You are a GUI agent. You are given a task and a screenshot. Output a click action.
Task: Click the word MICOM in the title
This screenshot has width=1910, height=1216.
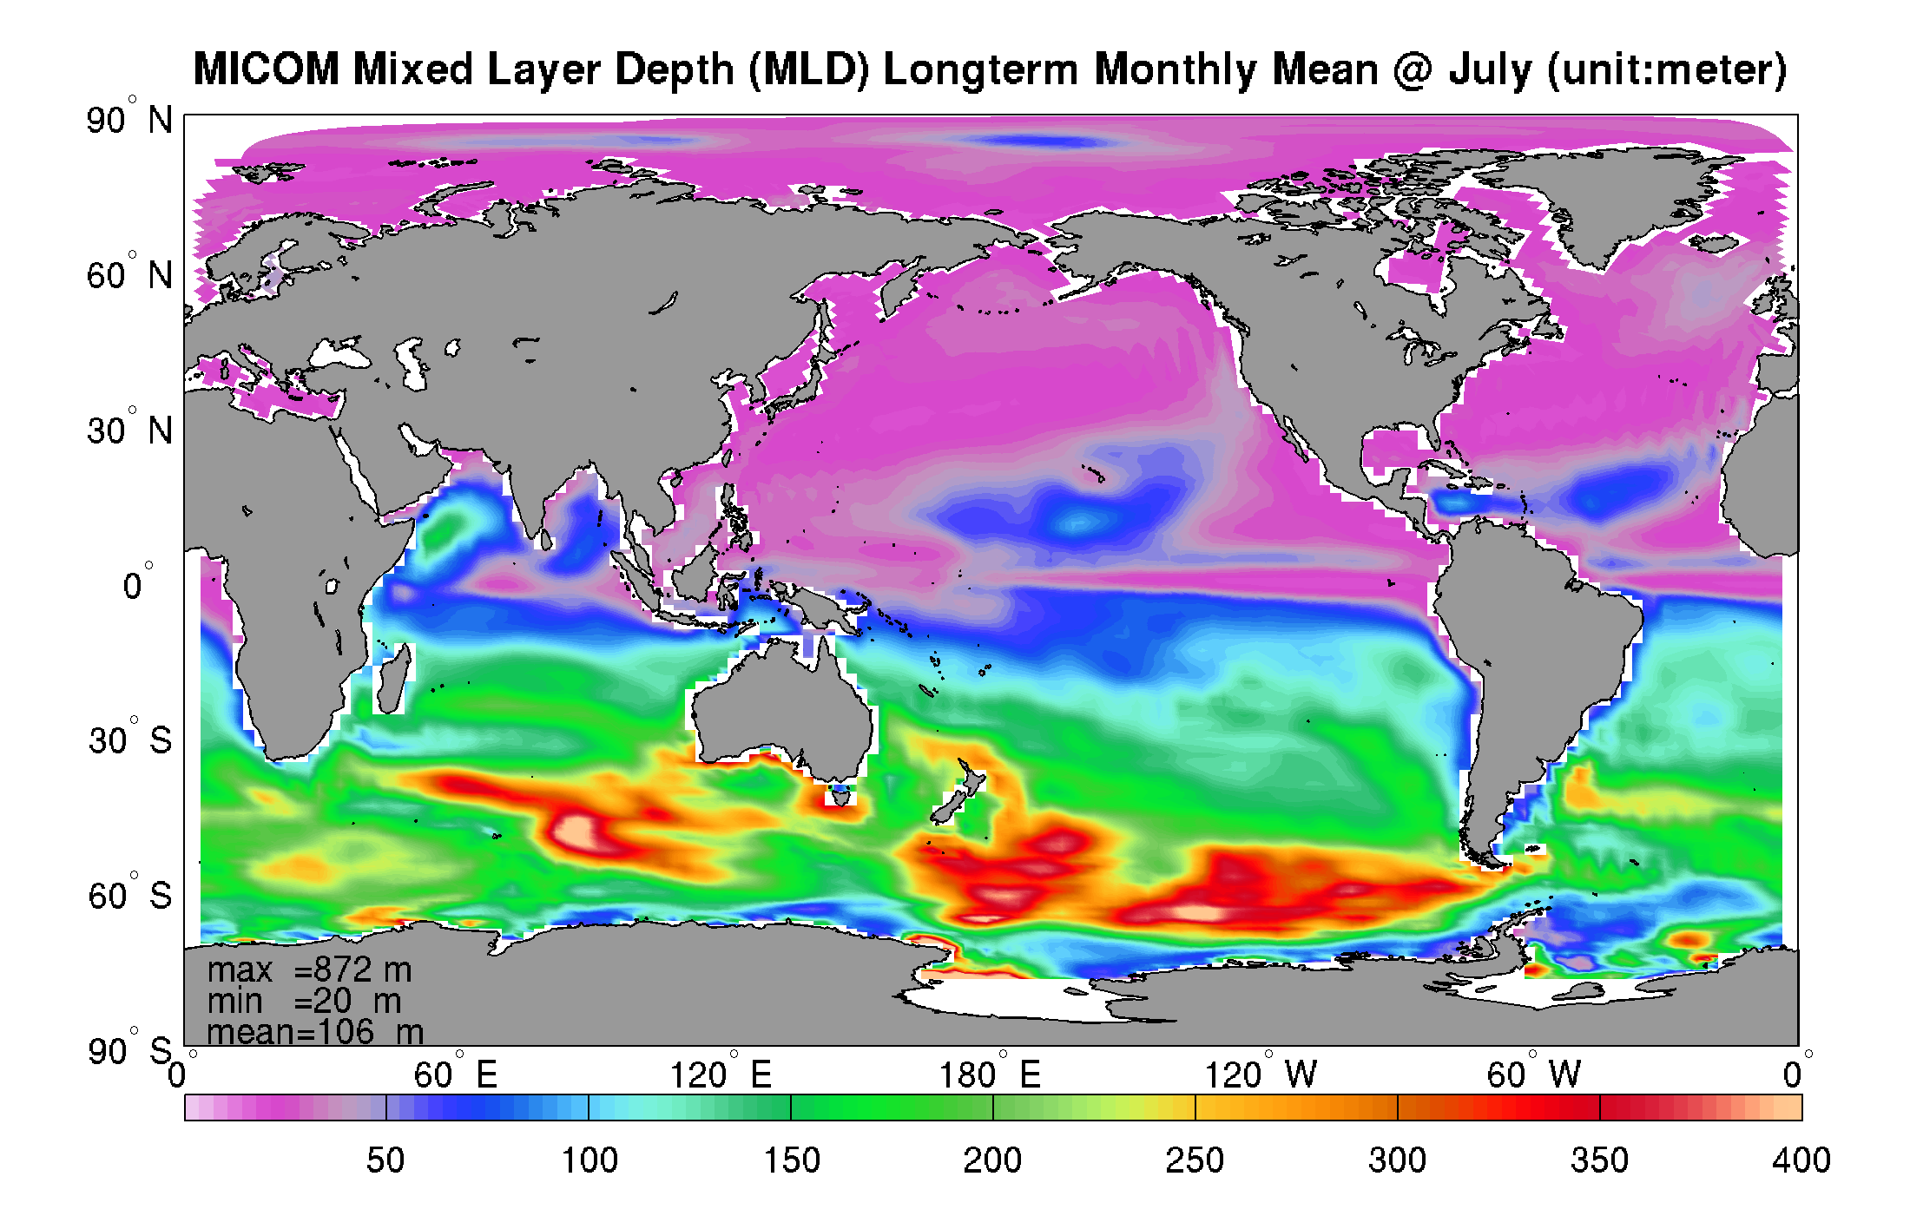(x=266, y=69)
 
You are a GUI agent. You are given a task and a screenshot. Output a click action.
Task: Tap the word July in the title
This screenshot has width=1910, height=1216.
(x=1489, y=69)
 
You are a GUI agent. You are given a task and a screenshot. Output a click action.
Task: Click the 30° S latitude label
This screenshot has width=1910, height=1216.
(x=130, y=740)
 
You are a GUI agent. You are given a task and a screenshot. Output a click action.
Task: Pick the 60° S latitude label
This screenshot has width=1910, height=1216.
(x=130, y=896)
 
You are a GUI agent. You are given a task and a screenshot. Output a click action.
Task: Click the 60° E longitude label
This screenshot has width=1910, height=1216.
(x=455, y=1075)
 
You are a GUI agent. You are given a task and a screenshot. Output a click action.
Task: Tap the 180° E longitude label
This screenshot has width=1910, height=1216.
(x=990, y=1075)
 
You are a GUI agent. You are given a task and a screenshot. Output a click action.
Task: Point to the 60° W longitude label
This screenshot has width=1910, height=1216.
(x=1533, y=1075)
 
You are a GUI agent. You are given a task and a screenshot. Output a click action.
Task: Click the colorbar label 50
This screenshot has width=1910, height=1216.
(x=385, y=1160)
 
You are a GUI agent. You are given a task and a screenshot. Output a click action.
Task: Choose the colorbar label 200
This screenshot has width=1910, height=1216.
(x=992, y=1160)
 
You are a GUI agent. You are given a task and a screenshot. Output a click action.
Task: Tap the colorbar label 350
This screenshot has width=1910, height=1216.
(x=1599, y=1160)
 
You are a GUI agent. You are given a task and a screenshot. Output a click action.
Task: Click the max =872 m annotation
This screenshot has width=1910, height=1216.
(x=309, y=970)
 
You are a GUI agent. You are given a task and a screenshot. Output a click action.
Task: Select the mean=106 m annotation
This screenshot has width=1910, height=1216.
(x=315, y=1033)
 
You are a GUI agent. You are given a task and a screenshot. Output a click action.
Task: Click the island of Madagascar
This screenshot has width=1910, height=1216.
(x=392, y=681)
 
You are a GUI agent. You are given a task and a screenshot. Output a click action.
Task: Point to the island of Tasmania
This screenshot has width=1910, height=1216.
(x=839, y=795)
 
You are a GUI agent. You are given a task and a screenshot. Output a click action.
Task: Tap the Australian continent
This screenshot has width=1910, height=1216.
(x=781, y=703)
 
